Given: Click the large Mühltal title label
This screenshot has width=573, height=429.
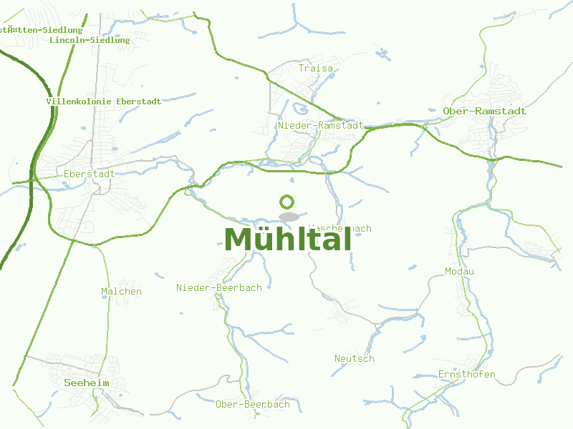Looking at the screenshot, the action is [287, 240].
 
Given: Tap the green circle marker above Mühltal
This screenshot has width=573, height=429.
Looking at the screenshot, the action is [287, 202].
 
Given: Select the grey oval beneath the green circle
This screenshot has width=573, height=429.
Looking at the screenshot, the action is [289, 217].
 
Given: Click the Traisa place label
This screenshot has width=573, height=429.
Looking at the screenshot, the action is [316, 69].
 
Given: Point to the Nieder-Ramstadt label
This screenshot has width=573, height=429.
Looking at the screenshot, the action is [321, 125].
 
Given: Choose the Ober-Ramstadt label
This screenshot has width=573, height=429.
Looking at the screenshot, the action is [484, 111].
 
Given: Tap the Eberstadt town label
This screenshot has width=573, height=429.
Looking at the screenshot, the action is [90, 174].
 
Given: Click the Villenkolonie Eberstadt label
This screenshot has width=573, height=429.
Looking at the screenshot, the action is [104, 102].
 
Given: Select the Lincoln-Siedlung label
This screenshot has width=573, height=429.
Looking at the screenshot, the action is [90, 40].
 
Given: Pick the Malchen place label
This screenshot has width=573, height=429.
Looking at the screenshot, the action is [121, 291].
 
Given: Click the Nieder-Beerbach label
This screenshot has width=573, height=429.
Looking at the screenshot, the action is [219, 287].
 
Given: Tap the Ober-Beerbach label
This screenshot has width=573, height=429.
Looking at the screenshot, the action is [253, 404].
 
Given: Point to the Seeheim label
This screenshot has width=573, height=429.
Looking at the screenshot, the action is [87, 383].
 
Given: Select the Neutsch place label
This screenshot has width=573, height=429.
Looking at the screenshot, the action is [355, 358].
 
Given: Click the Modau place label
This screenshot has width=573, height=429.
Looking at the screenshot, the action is [459, 271].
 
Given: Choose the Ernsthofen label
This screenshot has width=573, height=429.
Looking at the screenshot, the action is [467, 374].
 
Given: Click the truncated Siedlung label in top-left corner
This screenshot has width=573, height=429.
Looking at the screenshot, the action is [41, 30].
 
